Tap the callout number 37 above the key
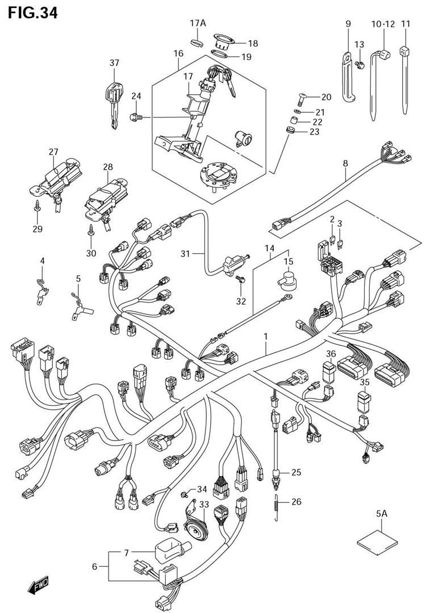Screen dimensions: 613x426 tap(115, 62)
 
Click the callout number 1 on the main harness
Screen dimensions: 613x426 tap(265, 337)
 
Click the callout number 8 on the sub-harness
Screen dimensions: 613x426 tap(345, 164)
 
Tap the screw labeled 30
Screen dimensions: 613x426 tap(91, 230)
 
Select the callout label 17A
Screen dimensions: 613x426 tap(197, 23)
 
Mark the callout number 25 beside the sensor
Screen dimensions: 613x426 tap(296, 472)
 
